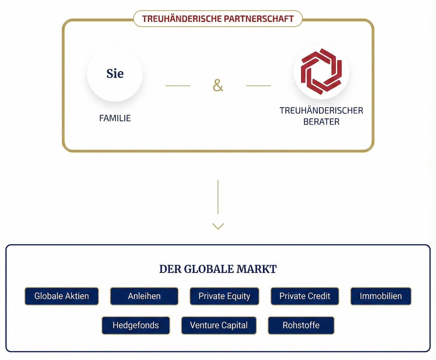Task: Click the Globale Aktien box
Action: click(62, 296)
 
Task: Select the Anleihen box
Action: click(144, 296)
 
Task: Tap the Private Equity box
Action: click(224, 296)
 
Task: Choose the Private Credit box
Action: click(305, 296)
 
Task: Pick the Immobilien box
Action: click(381, 296)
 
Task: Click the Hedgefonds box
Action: click(136, 325)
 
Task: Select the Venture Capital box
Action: click(219, 325)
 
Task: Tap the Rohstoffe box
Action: click(301, 325)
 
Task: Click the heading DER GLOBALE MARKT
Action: click(218, 269)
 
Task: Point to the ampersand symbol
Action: click(218, 86)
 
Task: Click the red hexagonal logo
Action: click(321, 71)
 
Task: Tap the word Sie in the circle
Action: click(115, 74)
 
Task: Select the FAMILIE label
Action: click(115, 118)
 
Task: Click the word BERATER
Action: click(321, 122)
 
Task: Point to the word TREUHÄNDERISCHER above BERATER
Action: click(321, 111)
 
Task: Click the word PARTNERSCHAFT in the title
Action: click(259, 19)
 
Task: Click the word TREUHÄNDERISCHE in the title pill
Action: click(182, 19)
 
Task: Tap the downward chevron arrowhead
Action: click(218, 226)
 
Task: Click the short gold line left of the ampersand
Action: click(178, 86)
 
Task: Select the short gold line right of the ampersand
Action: click(258, 86)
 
